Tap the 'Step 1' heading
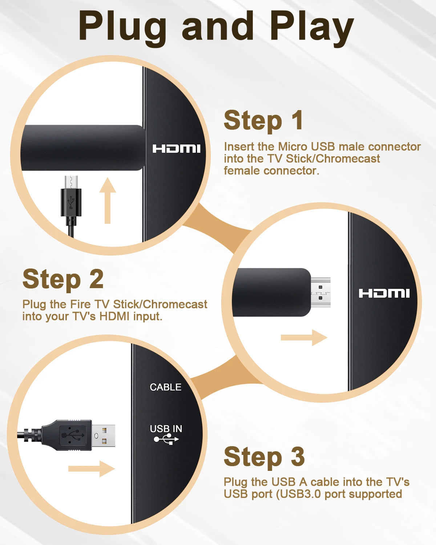263,120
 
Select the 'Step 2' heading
63,279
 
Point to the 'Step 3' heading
264,456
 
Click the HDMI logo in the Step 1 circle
176,149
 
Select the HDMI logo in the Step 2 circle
384,294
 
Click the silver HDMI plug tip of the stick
320,292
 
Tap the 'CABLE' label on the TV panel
165,387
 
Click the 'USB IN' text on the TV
166,429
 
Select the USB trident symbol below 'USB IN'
166,439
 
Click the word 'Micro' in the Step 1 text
292,147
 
